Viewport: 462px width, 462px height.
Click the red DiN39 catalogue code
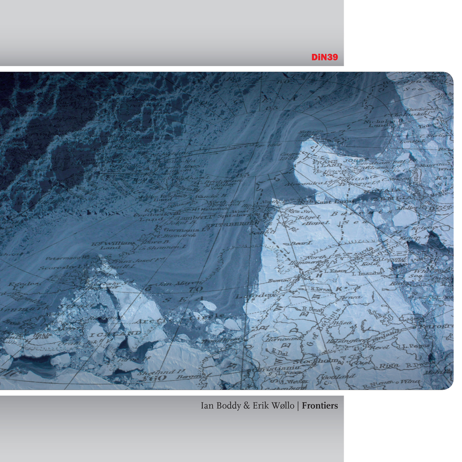tap(325, 57)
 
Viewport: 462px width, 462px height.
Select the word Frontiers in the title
tap(320, 407)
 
